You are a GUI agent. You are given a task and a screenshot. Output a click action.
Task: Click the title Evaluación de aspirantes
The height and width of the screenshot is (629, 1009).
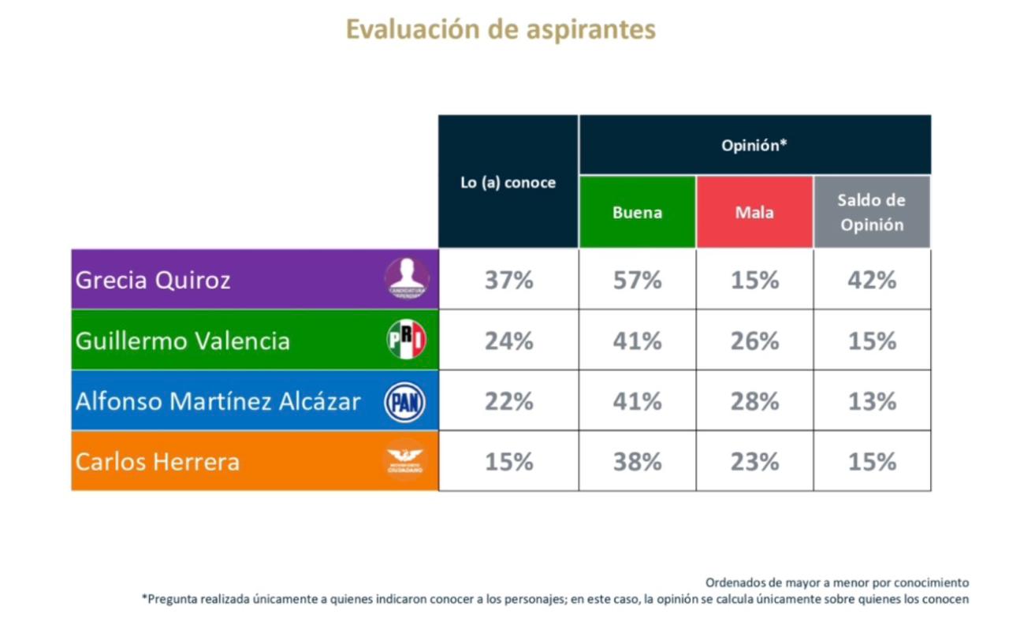[501, 30]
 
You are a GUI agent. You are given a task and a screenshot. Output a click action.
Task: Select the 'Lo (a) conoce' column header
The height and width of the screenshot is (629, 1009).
[508, 182]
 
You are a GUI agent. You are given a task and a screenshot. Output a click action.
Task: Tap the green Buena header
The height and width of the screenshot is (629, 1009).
[637, 212]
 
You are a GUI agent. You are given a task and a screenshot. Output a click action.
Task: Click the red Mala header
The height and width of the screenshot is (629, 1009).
[754, 212]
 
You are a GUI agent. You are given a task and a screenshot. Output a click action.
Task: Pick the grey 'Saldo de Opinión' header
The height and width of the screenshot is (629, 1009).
[872, 212]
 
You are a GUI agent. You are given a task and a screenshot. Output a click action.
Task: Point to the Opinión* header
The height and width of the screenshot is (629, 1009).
[754, 145]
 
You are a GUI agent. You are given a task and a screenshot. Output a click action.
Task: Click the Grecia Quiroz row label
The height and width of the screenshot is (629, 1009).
[153, 280]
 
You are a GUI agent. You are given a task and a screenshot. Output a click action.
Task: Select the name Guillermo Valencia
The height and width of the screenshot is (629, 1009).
[182, 341]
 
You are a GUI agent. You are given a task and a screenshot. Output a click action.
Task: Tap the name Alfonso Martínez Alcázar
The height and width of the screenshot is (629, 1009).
[218, 401]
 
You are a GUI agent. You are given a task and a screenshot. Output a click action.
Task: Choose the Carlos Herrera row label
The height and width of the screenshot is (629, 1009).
[157, 461]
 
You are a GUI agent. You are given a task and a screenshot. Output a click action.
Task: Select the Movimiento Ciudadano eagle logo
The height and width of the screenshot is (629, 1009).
[405, 460]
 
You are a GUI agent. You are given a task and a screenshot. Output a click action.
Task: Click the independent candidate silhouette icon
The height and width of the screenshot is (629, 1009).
[407, 278]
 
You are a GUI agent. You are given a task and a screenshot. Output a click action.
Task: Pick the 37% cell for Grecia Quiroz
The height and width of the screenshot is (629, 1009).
[508, 280]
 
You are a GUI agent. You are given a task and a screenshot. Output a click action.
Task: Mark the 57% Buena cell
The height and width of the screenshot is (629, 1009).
[637, 280]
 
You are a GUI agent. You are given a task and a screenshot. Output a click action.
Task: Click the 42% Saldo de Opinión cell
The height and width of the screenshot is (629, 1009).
[872, 280]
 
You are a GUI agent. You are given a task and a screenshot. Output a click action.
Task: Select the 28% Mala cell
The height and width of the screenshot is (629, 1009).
[754, 401]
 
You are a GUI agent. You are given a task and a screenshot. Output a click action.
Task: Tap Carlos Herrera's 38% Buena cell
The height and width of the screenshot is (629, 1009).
[637, 461]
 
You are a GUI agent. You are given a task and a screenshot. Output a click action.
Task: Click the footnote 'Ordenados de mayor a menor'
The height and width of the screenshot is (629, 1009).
[836, 582]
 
